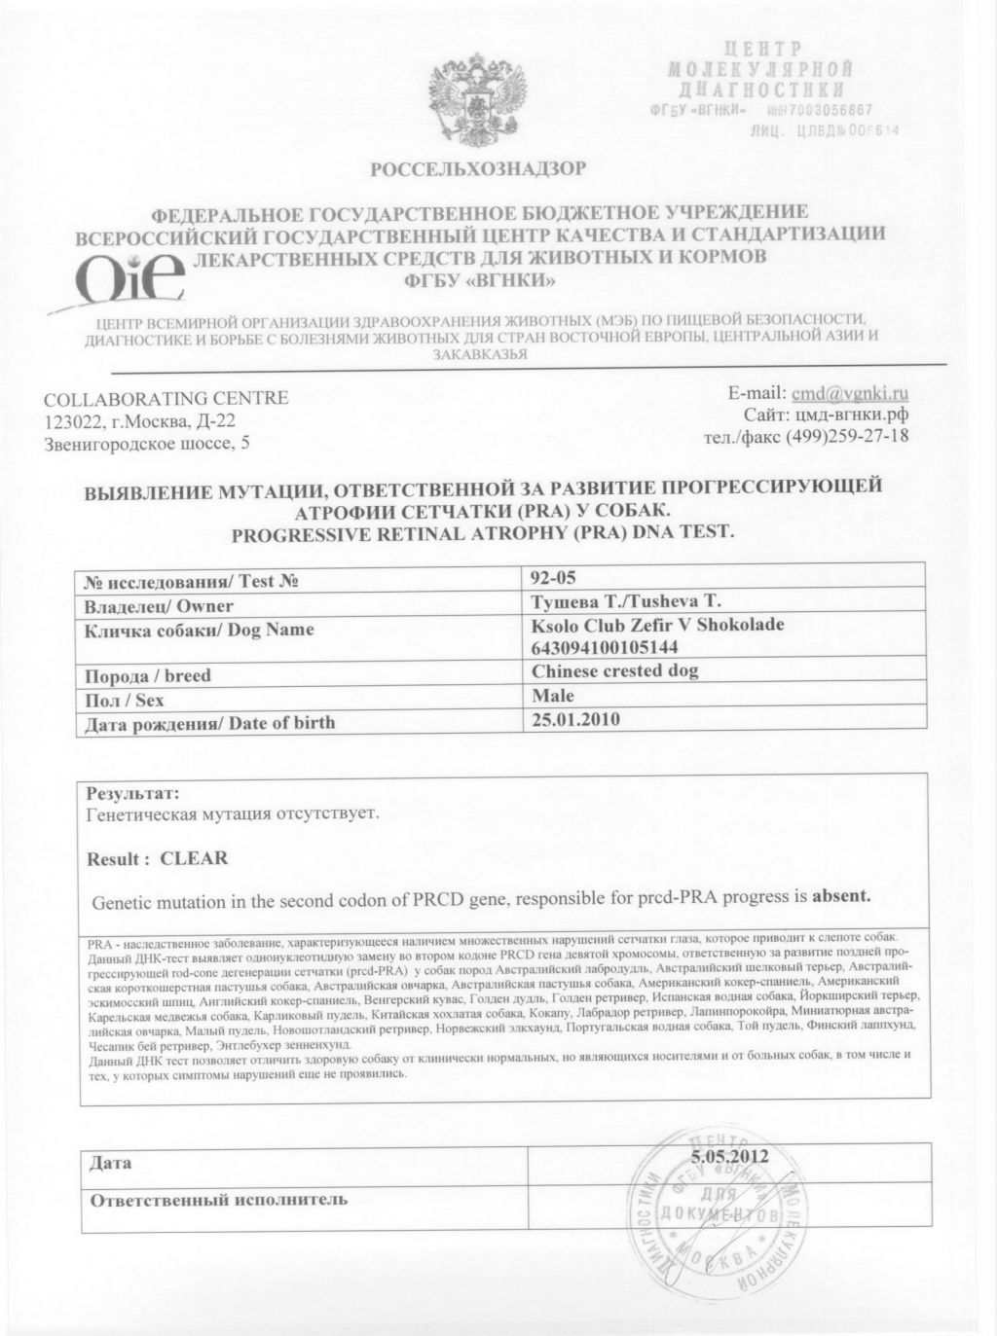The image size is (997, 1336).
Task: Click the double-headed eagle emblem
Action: (477, 102)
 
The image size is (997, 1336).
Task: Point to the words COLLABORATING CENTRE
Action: (166, 398)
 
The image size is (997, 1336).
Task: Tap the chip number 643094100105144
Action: (604, 646)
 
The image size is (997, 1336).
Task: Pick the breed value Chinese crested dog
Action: (615, 671)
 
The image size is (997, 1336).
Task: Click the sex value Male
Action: (553, 696)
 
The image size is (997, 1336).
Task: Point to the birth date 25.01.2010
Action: (576, 720)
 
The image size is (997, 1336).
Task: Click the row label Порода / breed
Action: (148, 675)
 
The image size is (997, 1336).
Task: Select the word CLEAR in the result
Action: (194, 858)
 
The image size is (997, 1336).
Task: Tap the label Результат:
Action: (133, 793)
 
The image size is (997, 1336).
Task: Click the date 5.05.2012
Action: (730, 1157)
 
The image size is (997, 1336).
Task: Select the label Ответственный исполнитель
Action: (218, 1199)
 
